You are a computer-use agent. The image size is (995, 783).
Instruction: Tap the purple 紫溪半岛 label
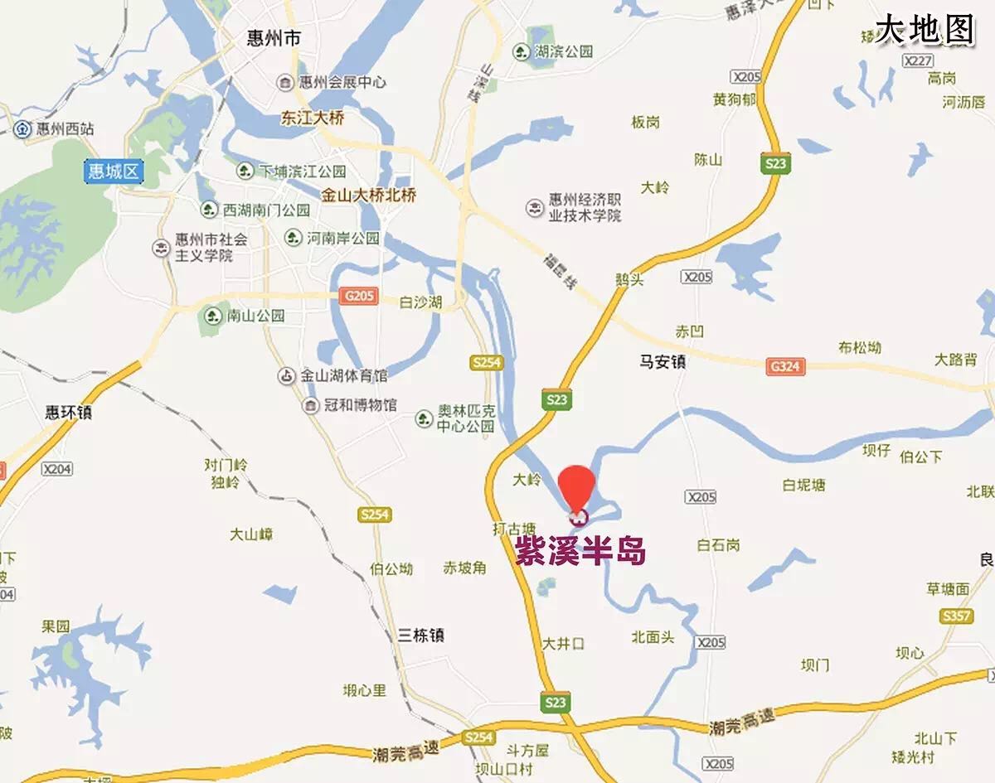click(580, 551)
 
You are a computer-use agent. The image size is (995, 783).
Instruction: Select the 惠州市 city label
click(274, 39)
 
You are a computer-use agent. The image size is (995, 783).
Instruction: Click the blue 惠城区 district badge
click(114, 172)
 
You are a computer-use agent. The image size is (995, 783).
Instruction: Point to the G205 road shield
click(358, 296)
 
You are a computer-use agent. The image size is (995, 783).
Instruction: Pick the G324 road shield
click(786, 366)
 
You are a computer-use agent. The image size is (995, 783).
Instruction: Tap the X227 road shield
click(918, 60)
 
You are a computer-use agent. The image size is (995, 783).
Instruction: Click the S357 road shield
click(956, 616)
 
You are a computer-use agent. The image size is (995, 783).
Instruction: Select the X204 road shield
click(57, 469)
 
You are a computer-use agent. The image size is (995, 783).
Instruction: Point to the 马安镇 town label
click(663, 361)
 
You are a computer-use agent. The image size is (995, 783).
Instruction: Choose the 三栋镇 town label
click(420, 636)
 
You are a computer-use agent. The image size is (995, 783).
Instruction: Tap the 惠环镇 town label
click(68, 412)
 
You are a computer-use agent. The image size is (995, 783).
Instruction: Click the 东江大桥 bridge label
click(313, 118)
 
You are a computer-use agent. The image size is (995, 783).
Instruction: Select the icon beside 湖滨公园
click(521, 51)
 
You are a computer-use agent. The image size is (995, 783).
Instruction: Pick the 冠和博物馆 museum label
click(349, 405)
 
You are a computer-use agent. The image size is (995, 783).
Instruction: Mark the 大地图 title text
click(925, 30)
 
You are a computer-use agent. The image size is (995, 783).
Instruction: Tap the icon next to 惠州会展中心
click(284, 82)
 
